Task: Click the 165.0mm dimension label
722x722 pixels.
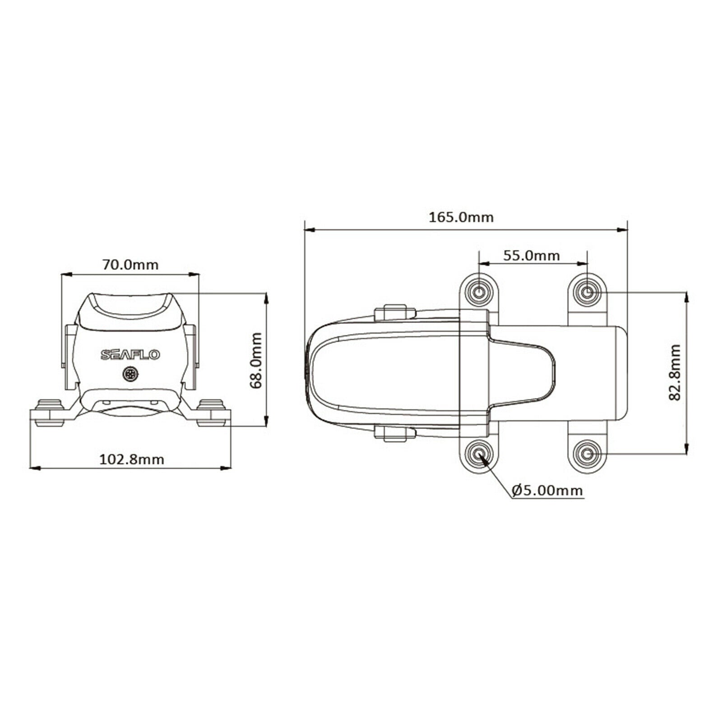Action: pos(461,217)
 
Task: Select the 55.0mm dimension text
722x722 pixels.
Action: pos(531,256)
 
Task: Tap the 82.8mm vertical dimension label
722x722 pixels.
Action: pos(675,372)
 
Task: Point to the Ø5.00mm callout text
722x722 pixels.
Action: pos(547,490)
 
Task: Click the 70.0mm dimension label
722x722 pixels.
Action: pos(130,264)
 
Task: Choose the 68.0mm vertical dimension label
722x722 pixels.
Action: pos(256,361)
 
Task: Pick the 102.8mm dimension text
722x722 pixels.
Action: pos(131,459)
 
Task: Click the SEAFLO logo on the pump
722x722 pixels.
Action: pos(130,355)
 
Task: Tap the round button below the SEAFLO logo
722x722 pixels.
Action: pos(130,374)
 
